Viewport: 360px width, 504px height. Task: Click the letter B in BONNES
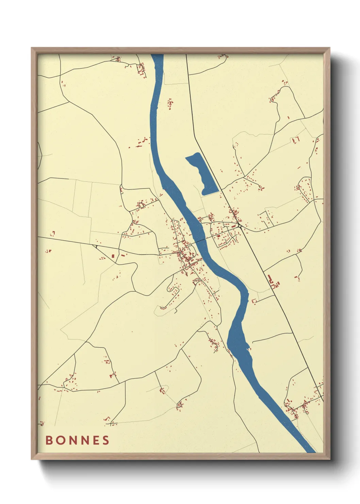pyautogui.click(x=49, y=440)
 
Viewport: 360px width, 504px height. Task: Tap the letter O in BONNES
pyautogui.click(x=60, y=440)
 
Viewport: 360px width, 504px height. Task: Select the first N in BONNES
pyautogui.click(x=72, y=440)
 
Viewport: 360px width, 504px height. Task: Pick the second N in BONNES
pyautogui.click(x=84, y=440)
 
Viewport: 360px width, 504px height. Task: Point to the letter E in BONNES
pyautogui.click(x=96, y=440)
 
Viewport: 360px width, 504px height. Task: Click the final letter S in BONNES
pyautogui.click(x=106, y=440)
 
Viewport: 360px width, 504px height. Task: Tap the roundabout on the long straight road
pyautogui.click(x=240, y=226)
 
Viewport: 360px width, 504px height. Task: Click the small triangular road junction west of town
pyautogui.click(x=96, y=246)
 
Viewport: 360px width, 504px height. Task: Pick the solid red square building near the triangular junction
pyautogui.click(x=113, y=255)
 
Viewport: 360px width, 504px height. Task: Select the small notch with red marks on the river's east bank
pyautogui.click(x=248, y=348)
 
